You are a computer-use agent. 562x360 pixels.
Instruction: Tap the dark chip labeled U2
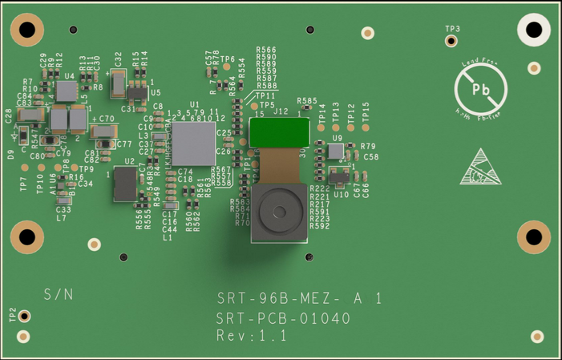(125, 184)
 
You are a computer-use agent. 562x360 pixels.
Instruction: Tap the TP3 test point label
(453, 29)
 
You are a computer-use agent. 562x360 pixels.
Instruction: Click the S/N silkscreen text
(59, 294)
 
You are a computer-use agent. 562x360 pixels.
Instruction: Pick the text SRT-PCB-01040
(284, 318)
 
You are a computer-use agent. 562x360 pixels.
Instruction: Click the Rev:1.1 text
(252, 337)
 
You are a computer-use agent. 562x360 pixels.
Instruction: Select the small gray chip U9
(335, 151)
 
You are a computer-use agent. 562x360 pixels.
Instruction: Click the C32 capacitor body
(118, 82)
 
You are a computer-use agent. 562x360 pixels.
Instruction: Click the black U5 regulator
(139, 95)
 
